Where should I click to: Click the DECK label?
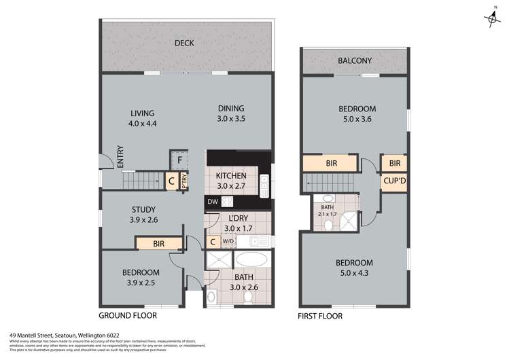(184, 43)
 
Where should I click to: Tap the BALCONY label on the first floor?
(355, 61)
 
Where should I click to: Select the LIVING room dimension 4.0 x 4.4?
(143, 124)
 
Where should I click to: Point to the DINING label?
(231, 108)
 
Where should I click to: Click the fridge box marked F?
(179, 161)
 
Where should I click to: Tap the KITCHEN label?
(231, 175)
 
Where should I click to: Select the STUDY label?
(143, 209)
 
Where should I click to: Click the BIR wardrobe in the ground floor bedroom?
(160, 242)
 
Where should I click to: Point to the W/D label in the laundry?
(228, 241)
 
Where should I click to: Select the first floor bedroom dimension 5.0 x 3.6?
(357, 119)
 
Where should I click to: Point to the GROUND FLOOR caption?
(128, 316)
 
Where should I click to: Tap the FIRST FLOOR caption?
(320, 316)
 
